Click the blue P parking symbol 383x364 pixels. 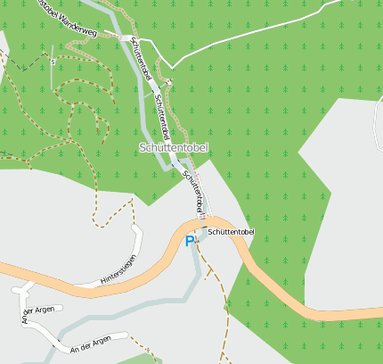190,241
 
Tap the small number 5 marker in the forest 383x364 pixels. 53,62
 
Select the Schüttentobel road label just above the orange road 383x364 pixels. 193,191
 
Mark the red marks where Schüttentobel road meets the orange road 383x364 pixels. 204,215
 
